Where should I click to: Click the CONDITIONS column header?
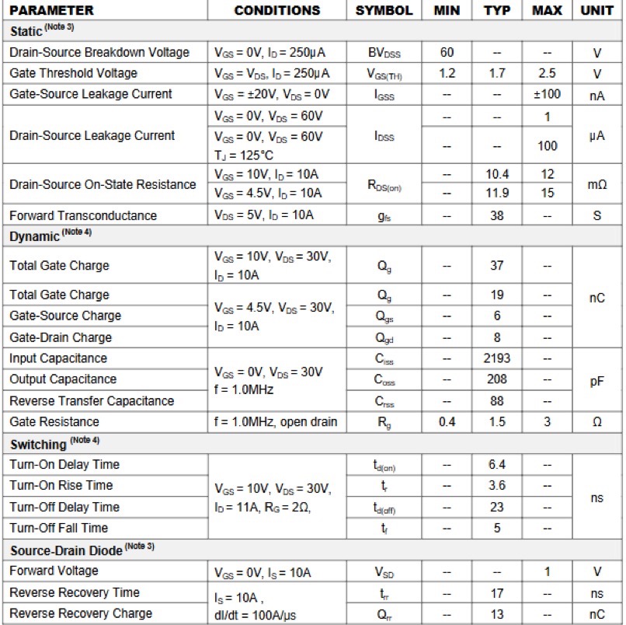pos(276,11)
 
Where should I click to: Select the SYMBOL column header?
pos(384,11)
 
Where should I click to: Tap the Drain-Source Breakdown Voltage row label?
pos(99,52)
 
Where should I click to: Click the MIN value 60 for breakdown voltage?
pos(447,52)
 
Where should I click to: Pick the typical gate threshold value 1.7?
pos(497,73)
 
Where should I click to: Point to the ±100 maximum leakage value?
pos(547,94)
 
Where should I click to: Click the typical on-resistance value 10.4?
pos(497,175)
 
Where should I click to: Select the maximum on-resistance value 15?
pos(547,193)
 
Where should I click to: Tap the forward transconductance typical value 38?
pos(497,215)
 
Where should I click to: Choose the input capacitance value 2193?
pos(497,358)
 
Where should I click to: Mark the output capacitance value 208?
pos(497,379)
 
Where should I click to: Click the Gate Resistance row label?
pos(54,421)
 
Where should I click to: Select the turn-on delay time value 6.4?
pos(497,464)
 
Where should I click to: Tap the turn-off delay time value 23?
pos(497,507)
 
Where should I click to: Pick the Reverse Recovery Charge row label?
pos(81,613)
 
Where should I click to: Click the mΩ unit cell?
pos(597,184)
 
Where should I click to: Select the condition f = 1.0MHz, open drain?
pos(276,421)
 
